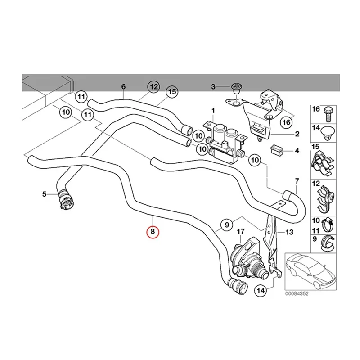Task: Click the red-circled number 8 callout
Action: [153, 232]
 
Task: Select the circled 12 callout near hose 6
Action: [153, 86]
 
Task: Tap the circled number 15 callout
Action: [171, 92]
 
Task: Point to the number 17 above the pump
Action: [241, 231]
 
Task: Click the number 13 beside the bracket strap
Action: [288, 232]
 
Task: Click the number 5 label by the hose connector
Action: [44, 194]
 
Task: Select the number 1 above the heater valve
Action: [213, 111]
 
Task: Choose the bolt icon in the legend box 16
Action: [328, 110]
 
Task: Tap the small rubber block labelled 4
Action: [276, 149]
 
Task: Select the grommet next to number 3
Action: [235, 86]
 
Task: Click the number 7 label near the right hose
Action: [297, 182]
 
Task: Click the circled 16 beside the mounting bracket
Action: [286, 122]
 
